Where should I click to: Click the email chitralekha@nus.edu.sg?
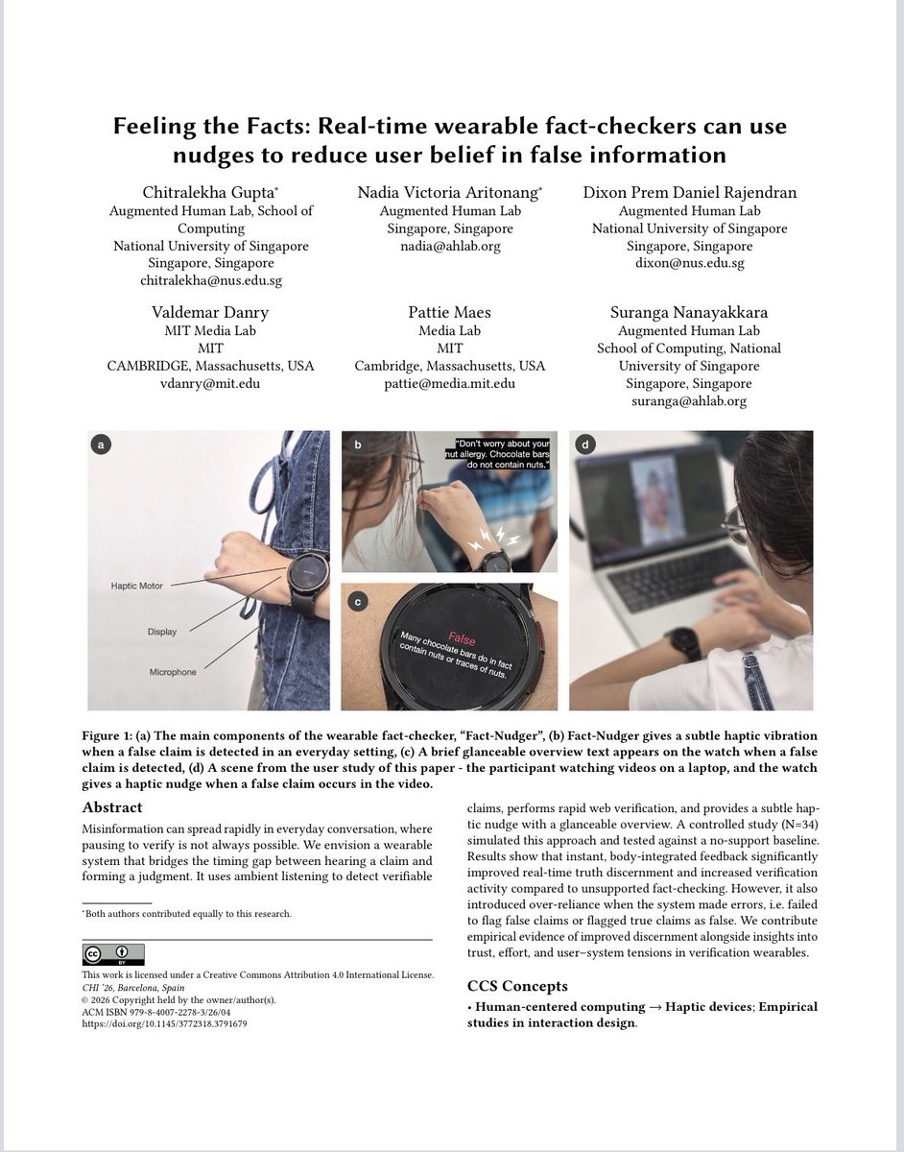[211, 280]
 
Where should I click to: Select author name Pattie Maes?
[449, 312]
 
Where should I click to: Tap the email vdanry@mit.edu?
[211, 383]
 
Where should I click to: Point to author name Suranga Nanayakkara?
[689, 312]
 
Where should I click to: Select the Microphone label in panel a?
[172, 672]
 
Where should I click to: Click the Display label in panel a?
[162, 632]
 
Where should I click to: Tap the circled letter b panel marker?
[357, 444]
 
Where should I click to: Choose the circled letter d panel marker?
[584, 444]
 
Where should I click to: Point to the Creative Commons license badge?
[113, 953]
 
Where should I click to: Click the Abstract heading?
[111, 807]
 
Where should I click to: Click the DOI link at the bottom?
[164, 1023]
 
